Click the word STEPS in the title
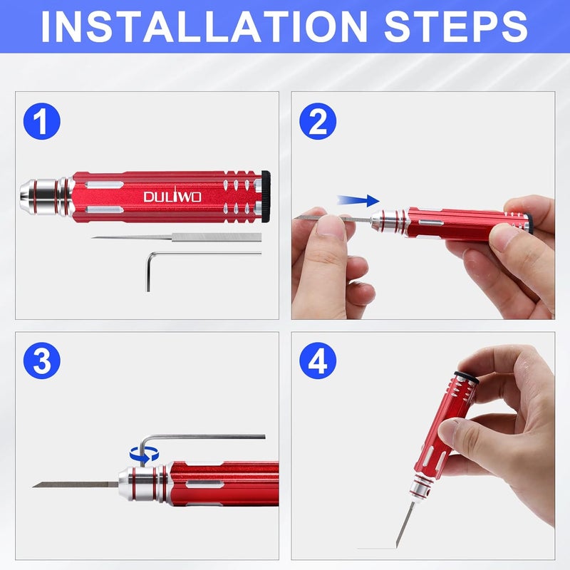tap(456, 26)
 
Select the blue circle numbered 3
tap(41, 361)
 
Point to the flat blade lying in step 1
tap(178, 237)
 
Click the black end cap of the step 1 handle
tap(266, 194)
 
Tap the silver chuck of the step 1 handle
tap(39, 193)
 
